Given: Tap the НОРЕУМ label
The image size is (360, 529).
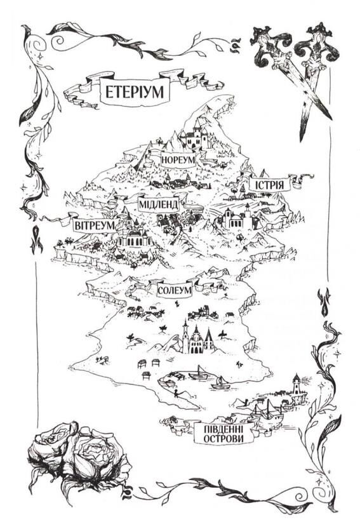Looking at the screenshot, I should [x=177, y=159].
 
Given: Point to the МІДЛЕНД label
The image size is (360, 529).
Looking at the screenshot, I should [x=158, y=204].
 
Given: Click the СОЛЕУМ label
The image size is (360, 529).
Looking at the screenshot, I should [x=173, y=291].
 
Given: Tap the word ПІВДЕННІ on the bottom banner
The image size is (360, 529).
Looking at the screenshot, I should [x=223, y=431].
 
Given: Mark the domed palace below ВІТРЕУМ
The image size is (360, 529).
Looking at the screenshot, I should [x=133, y=236].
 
